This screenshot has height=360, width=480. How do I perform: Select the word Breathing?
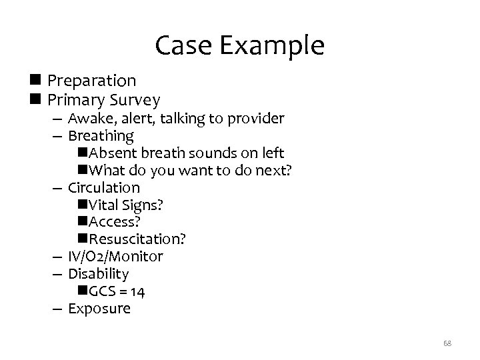[101, 137]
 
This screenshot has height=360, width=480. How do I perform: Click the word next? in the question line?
[275, 171]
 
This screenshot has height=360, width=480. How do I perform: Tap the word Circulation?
[104, 188]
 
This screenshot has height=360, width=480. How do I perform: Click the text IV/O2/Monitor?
[115, 257]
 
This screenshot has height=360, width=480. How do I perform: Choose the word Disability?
[99, 274]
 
